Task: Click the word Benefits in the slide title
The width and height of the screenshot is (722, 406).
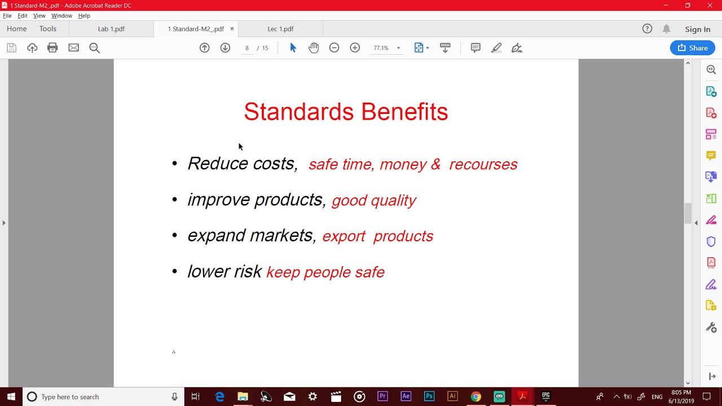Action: pos(404,112)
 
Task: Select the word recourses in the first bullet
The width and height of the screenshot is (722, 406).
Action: pos(483,164)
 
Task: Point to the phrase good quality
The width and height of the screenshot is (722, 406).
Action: pos(374,200)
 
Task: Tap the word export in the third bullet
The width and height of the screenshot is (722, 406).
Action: pos(344,236)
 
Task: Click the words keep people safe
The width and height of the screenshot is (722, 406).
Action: pos(325,272)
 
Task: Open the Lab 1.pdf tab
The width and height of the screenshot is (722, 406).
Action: pos(111,29)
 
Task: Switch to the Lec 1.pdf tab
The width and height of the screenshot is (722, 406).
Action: pos(280,29)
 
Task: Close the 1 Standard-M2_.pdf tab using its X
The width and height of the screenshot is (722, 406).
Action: pos(232,29)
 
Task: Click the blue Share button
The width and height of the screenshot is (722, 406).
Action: pos(692,48)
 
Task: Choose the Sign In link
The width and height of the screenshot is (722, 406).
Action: pos(697,29)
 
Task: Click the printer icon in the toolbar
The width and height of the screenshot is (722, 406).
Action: pos(52,48)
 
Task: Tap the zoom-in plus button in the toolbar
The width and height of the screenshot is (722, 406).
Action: pos(355,48)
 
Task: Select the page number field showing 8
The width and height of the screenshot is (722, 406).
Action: pos(246,48)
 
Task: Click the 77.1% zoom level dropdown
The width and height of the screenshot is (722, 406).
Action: pos(386,48)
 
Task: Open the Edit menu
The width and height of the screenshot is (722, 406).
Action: pos(23,16)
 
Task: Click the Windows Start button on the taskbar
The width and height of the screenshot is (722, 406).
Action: pos(11,396)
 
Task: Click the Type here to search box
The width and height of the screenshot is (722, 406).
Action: pos(102,396)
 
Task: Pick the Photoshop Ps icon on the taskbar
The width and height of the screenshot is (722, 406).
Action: pos(429,396)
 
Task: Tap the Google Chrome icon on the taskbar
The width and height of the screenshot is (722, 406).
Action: pos(476,396)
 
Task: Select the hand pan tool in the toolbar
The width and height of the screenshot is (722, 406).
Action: pos(314,48)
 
